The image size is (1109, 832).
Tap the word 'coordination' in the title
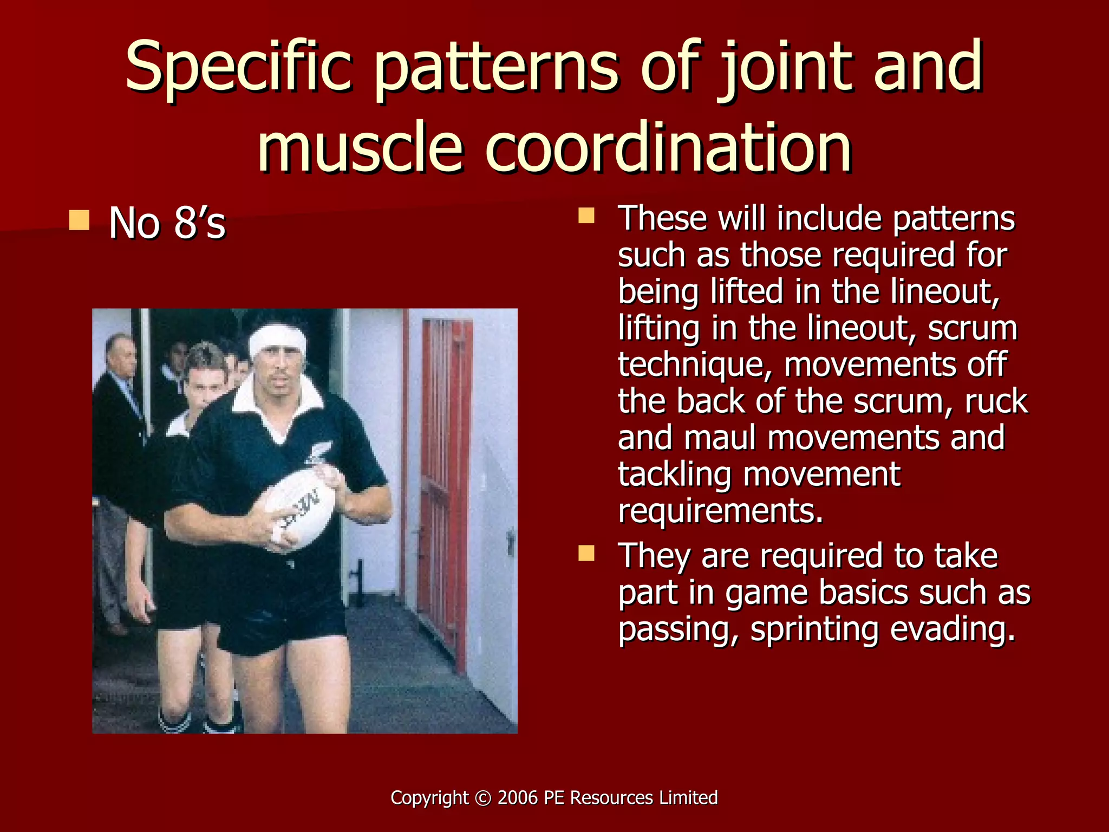pos(668,147)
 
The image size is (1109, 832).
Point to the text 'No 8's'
pos(167,223)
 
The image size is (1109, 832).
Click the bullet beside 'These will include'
pos(586,216)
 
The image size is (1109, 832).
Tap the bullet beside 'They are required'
pos(586,554)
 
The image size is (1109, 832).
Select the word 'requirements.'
pos(720,510)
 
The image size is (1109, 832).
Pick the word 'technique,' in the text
pos(696,364)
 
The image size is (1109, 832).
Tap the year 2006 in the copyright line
pos(518,797)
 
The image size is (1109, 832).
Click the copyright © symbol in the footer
pos(482,798)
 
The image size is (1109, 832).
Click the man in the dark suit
pos(119,433)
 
